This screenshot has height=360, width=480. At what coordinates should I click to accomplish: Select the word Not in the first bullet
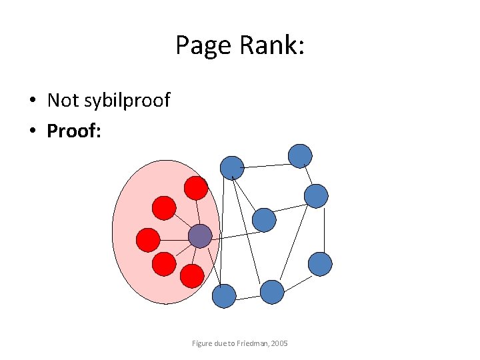pos(63,101)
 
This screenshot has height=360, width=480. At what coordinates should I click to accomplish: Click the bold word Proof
pos(72,131)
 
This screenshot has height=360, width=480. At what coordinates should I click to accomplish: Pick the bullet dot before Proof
pos(32,131)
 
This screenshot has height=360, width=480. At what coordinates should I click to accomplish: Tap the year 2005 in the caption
pos(279,343)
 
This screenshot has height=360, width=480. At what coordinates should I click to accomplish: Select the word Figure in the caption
pos(202,343)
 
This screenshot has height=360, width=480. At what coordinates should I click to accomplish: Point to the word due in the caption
pos(221,343)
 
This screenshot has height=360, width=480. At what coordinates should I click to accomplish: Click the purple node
pos(200,235)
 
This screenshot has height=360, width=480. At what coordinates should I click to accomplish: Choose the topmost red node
pos(196,188)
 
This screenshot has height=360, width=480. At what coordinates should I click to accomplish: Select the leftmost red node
pos(148,239)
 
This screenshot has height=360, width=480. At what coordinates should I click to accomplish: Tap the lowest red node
pos(192,276)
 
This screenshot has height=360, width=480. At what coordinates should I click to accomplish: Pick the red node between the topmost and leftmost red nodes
pos(164,208)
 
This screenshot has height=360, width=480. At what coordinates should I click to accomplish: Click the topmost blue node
pos(300,155)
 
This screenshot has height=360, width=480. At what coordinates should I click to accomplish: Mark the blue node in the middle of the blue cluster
pos(264,220)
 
